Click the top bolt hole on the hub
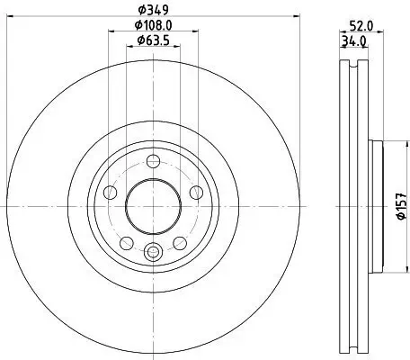click(153, 161)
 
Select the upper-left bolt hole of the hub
click(111, 192)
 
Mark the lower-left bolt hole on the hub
click(127, 241)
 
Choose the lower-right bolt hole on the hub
click(178, 241)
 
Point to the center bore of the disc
click(153, 206)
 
